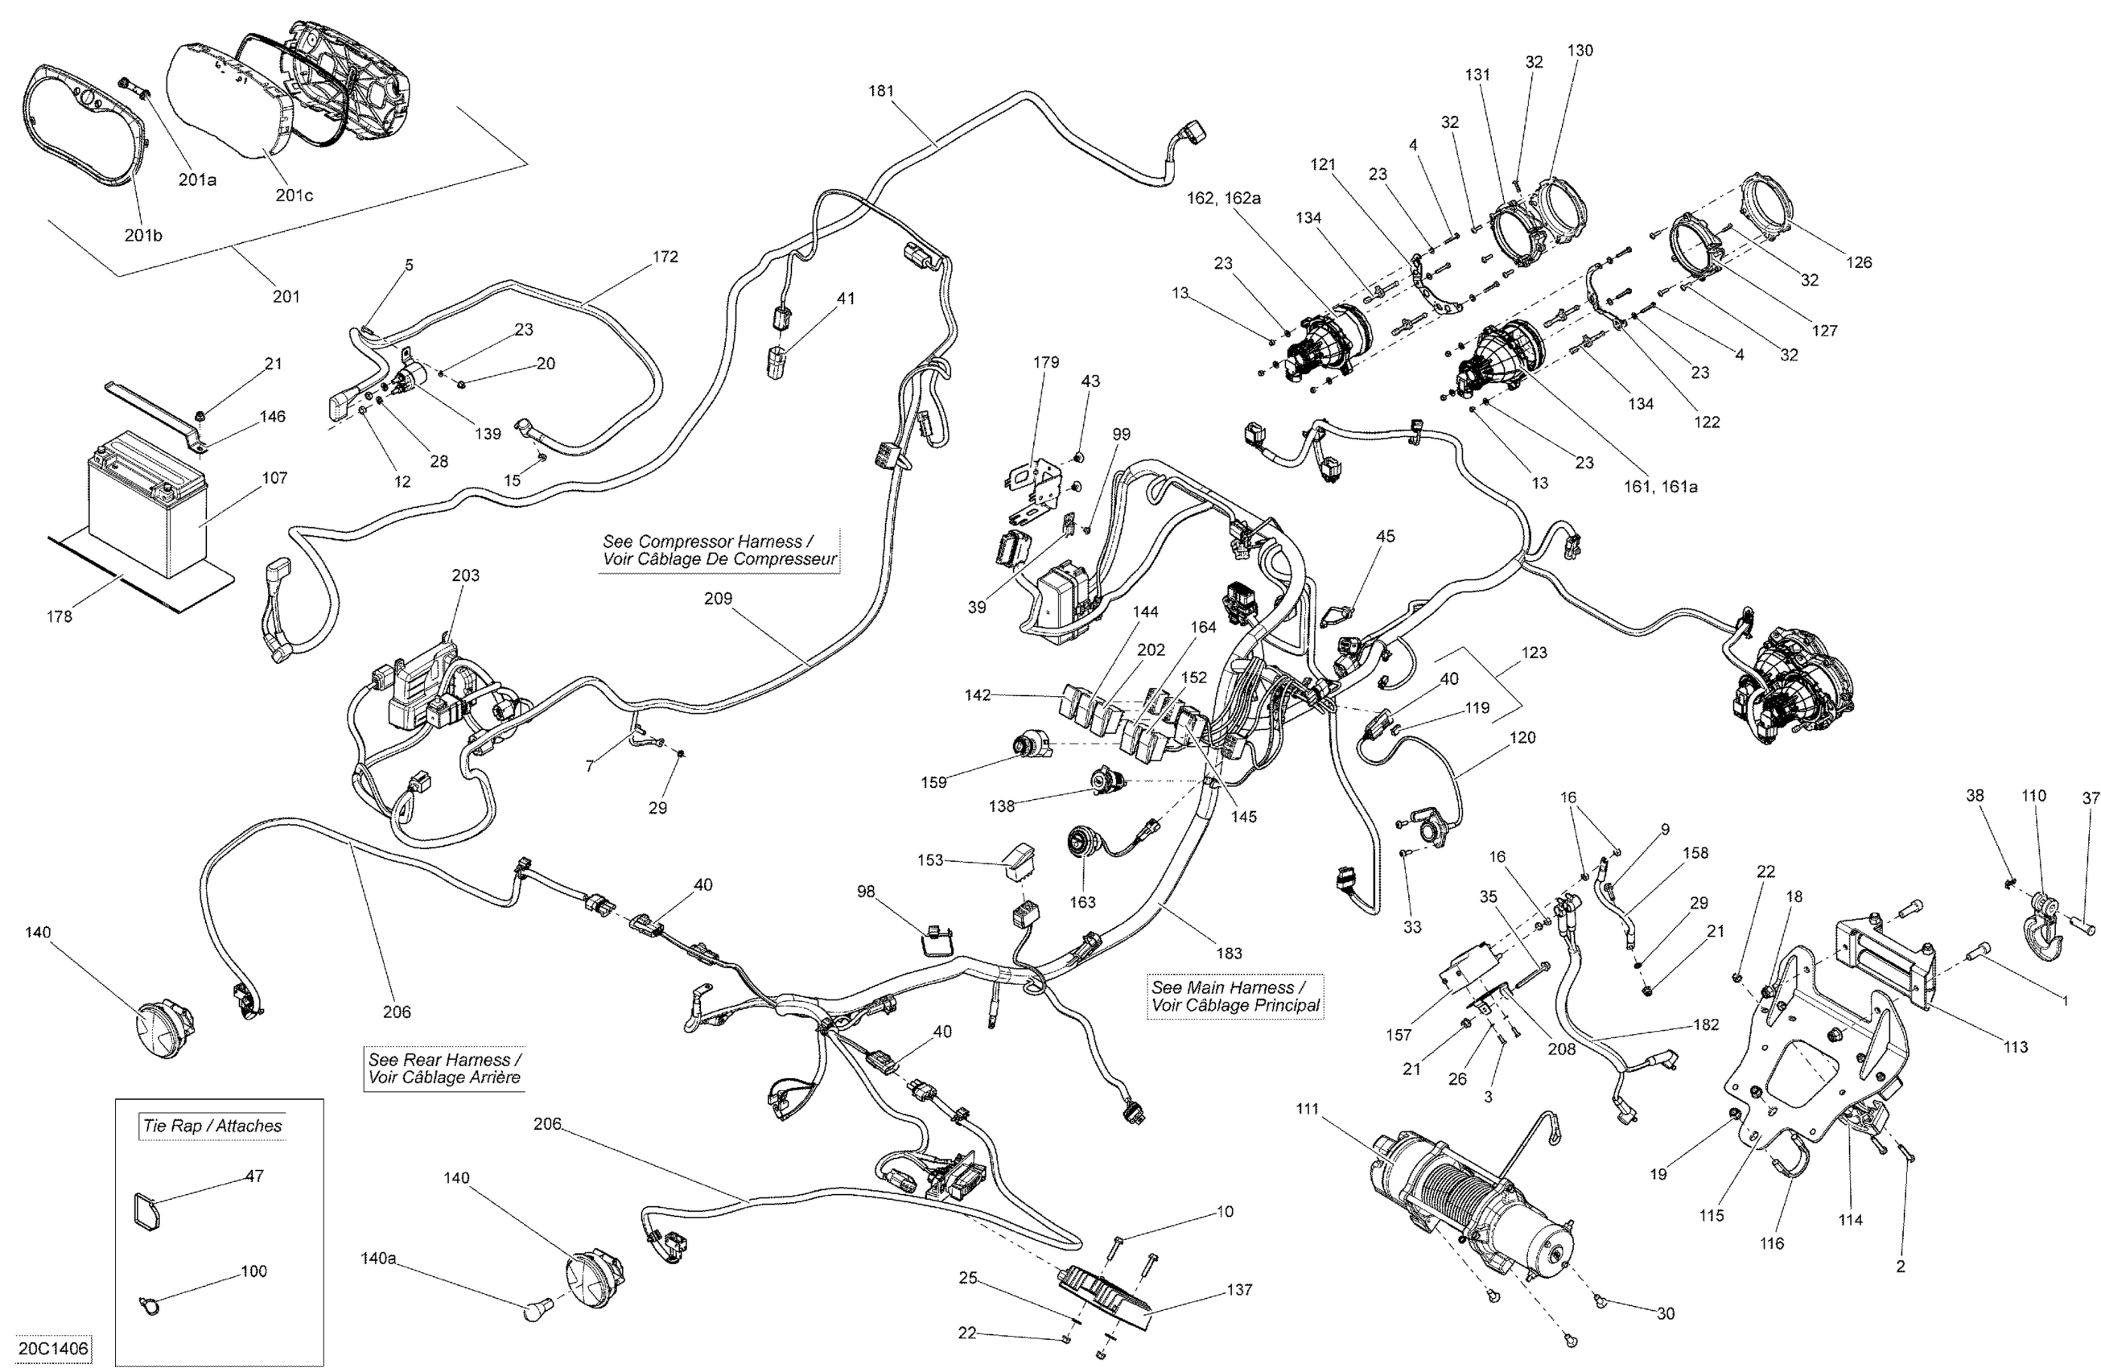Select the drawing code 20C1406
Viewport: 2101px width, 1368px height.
tap(53, 1349)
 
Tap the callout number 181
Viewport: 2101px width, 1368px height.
tap(881, 90)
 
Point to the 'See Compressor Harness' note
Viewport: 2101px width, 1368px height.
tap(719, 550)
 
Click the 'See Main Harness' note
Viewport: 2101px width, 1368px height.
tap(1235, 995)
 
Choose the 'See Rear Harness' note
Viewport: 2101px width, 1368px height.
tap(444, 1068)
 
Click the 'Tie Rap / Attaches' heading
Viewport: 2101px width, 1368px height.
tap(212, 1126)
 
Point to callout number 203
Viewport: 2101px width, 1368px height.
tap(465, 575)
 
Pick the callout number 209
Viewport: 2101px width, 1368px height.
tap(718, 599)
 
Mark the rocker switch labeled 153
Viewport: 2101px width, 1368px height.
tap(1017, 860)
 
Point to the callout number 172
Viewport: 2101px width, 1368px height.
tap(665, 256)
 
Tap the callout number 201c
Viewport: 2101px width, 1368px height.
tap(294, 195)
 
